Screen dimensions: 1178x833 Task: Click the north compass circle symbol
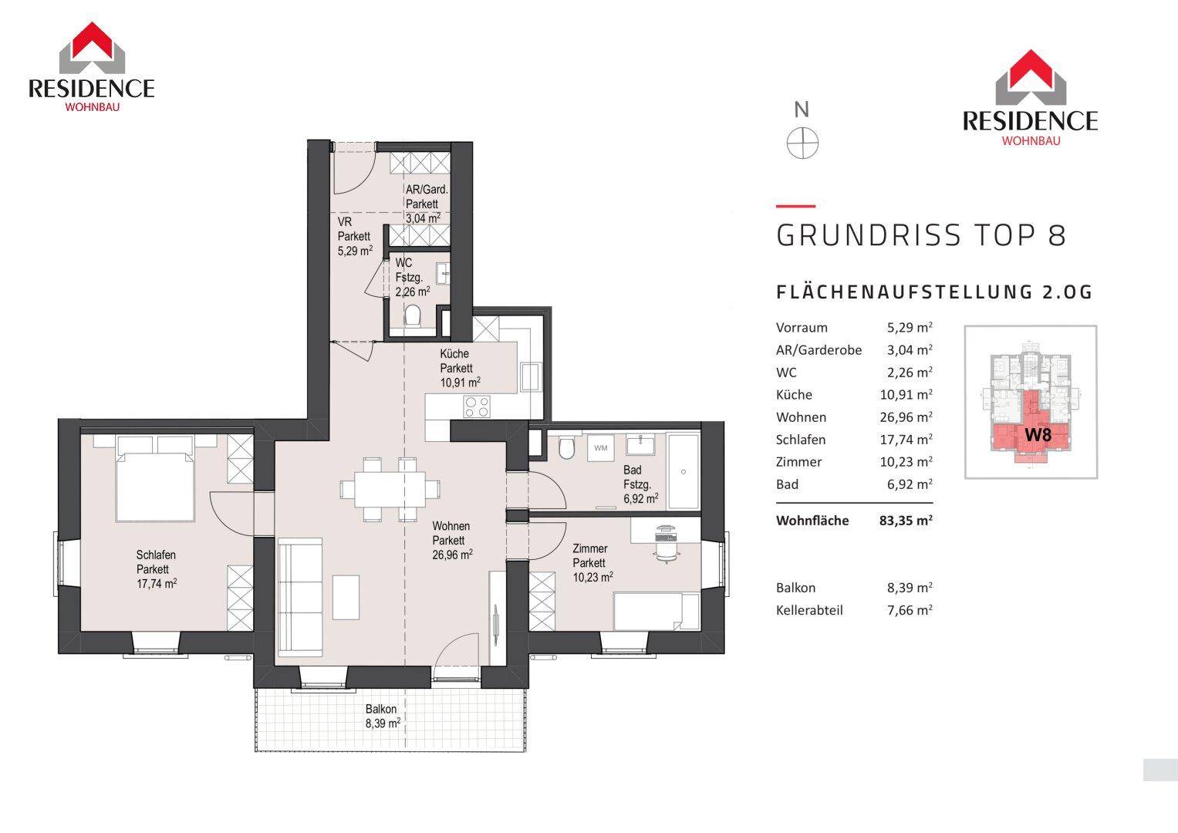point(802,143)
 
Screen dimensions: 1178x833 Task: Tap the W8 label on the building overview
point(1038,435)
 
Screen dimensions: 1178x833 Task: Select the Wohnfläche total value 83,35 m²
point(906,521)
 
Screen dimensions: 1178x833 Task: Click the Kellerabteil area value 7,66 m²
point(910,610)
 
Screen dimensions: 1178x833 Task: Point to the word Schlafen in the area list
point(801,440)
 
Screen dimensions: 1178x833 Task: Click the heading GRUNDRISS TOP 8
point(921,235)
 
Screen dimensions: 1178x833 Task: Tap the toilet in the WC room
point(413,317)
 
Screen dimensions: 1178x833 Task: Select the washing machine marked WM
point(600,448)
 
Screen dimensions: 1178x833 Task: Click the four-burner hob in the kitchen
point(477,406)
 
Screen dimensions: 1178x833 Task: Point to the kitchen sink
point(531,376)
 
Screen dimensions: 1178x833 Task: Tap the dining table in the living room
point(390,489)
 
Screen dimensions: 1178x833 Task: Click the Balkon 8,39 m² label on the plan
point(383,717)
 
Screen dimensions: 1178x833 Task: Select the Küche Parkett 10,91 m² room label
point(460,368)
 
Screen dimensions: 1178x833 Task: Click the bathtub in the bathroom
point(684,470)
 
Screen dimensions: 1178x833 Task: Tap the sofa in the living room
point(300,597)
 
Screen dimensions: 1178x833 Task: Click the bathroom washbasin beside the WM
point(640,445)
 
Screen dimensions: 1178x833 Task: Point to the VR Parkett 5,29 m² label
point(355,236)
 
